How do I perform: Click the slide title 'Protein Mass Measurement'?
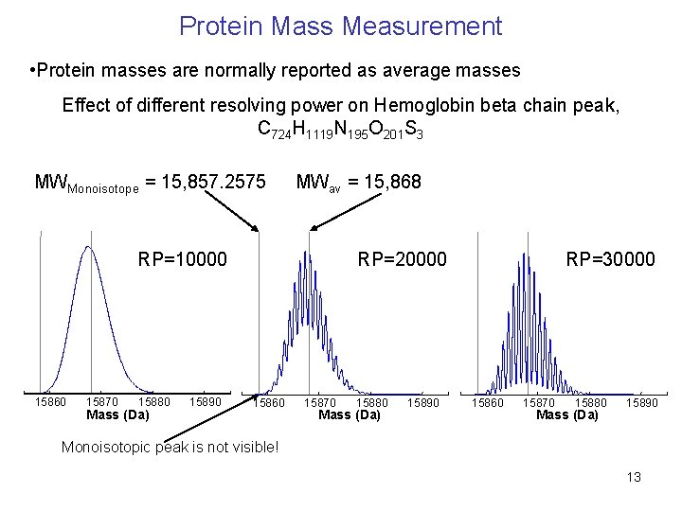(x=340, y=26)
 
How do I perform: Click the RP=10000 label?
(x=183, y=258)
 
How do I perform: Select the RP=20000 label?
(x=401, y=258)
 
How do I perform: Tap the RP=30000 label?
(x=610, y=258)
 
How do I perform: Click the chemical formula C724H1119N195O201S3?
(x=340, y=130)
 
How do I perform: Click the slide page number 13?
(x=633, y=477)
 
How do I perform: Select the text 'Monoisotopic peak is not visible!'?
(x=170, y=447)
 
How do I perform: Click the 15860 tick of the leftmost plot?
(x=50, y=402)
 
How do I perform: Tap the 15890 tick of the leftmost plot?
(x=205, y=402)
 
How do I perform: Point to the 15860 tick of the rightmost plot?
(x=489, y=403)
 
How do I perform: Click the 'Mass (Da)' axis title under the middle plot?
(x=350, y=414)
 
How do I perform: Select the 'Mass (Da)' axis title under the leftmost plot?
(x=117, y=414)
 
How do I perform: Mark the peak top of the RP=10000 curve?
(x=88, y=247)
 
